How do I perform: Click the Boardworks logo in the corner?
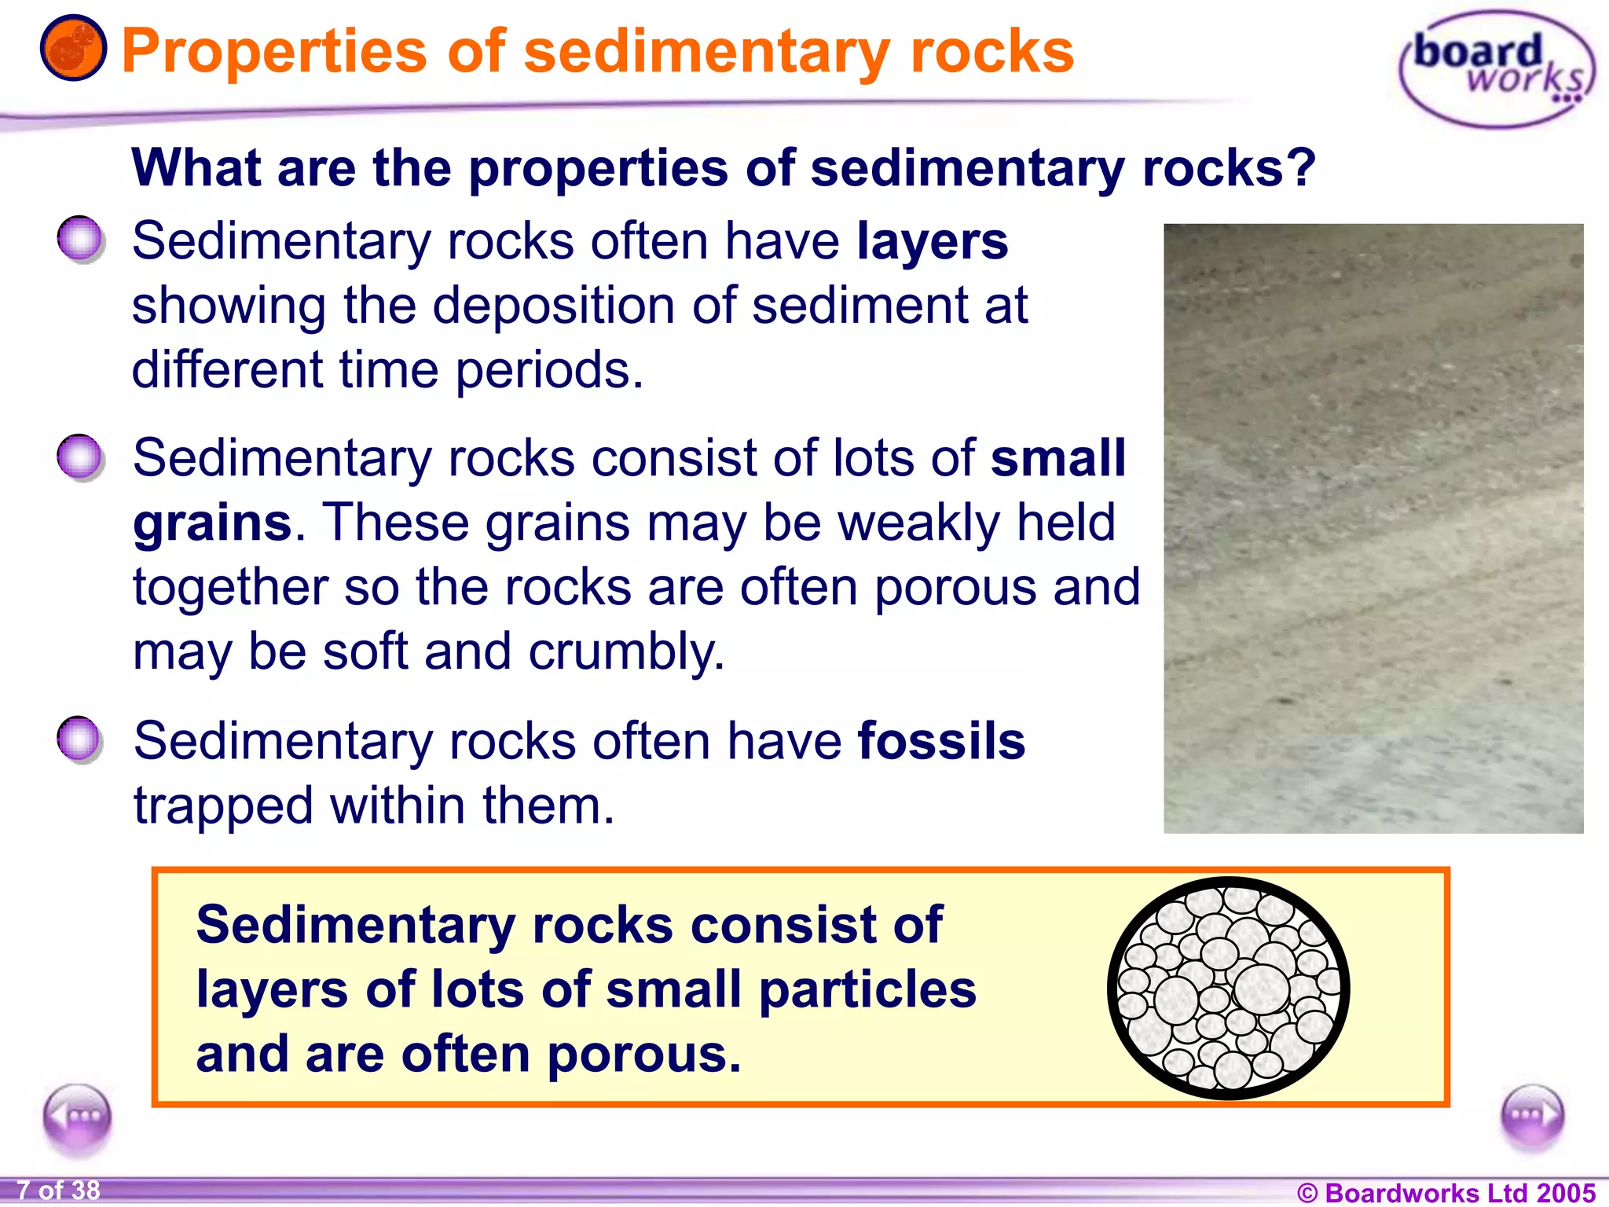point(1496,69)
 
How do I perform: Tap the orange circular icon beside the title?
point(73,49)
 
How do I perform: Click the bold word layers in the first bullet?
point(932,241)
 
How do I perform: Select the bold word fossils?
point(941,741)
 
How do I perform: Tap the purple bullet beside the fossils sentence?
point(80,739)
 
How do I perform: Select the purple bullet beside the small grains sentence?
point(80,457)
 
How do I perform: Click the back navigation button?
point(77,1117)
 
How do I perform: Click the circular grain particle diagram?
point(1228,989)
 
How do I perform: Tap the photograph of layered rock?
point(1373,528)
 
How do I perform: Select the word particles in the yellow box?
point(867,990)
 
